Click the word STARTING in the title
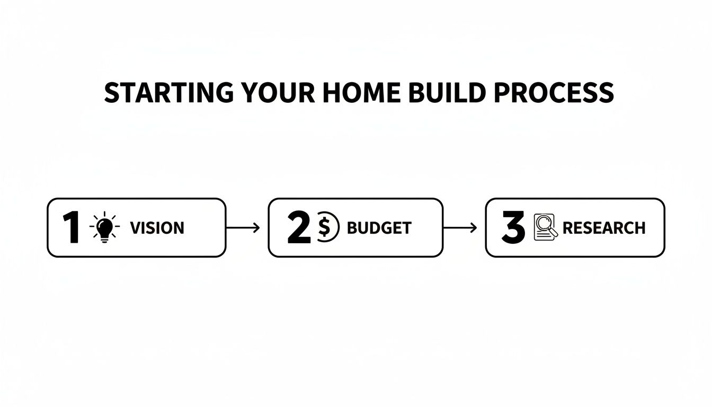(169, 93)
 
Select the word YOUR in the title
(278, 93)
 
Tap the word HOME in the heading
(361, 93)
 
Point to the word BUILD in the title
(447, 93)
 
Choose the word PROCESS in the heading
(554, 93)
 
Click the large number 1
(72, 228)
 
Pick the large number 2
(299, 228)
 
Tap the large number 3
(513, 228)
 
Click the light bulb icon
(104, 227)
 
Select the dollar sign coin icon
(328, 227)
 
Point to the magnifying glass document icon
(546, 227)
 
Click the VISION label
(157, 228)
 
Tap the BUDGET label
(379, 228)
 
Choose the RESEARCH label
(604, 228)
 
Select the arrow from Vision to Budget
(243, 228)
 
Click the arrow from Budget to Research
(460, 228)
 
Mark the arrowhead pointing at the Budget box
(257, 228)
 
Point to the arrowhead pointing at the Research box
(474, 228)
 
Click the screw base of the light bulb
(104, 240)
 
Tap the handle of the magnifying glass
(554, 233)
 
